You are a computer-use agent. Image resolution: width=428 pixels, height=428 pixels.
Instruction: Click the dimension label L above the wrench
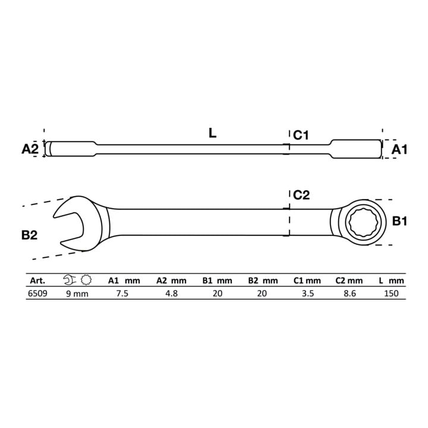tap(212, 133)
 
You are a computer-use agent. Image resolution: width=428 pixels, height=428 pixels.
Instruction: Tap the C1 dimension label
tap(301, 135)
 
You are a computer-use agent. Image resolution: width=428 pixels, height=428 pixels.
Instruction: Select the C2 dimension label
tap(301, 195)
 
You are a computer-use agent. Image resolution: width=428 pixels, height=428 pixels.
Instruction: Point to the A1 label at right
tap(399, 150)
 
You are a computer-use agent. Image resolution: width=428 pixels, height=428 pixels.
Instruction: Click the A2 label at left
tap(30, 149)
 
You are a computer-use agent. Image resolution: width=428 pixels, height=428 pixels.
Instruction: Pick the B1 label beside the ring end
tap(399, 221)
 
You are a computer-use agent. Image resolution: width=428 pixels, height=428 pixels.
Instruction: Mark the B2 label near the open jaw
tap(29, 235)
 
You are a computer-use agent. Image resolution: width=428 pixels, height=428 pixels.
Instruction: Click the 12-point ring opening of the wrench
tap(361, 222)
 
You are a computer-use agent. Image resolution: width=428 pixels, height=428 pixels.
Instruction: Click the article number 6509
tap(37, 294)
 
